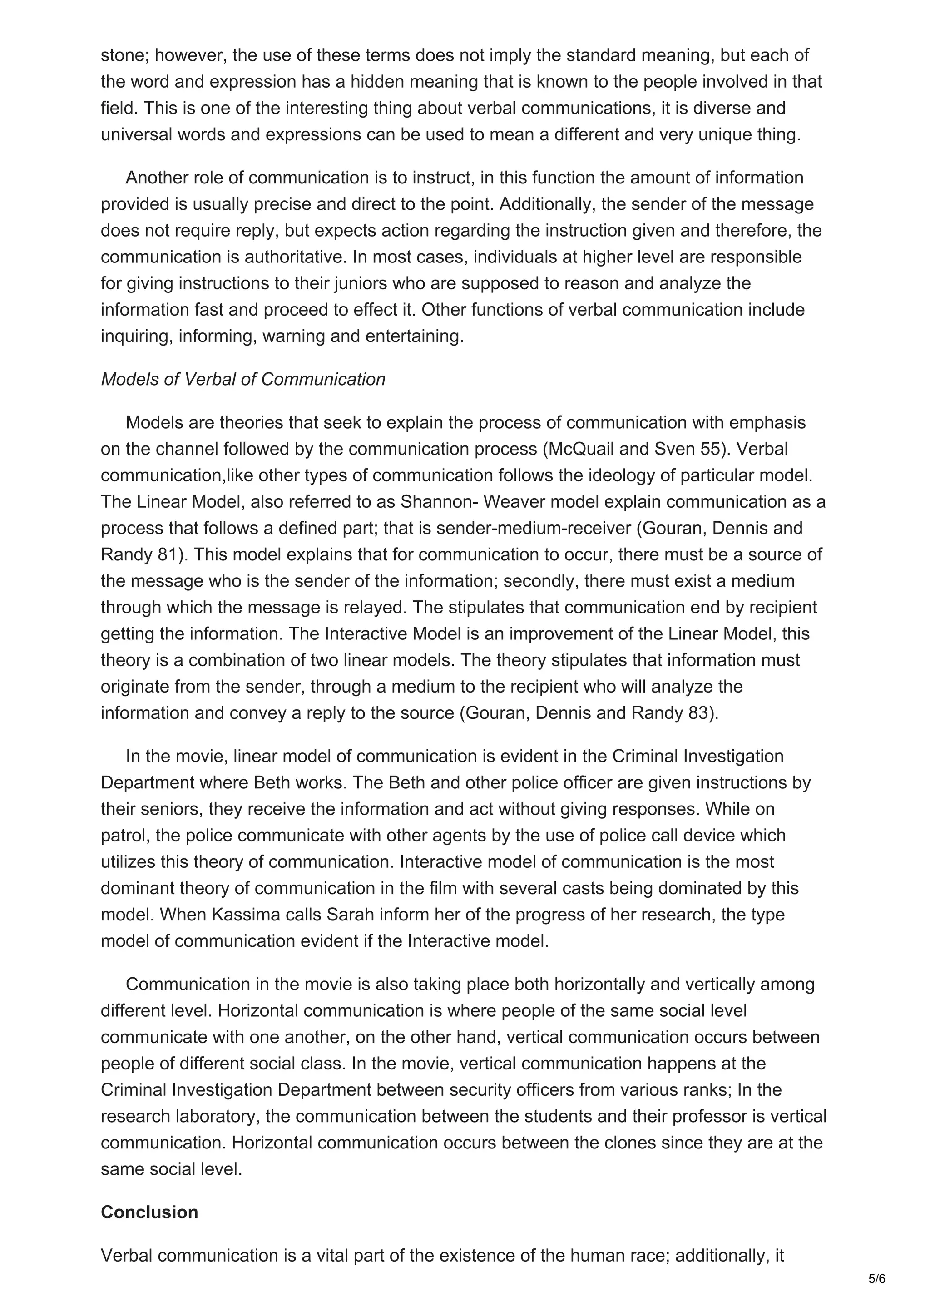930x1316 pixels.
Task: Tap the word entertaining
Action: (414, 336)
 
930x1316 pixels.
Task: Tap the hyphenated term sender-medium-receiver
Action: (534, 528)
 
